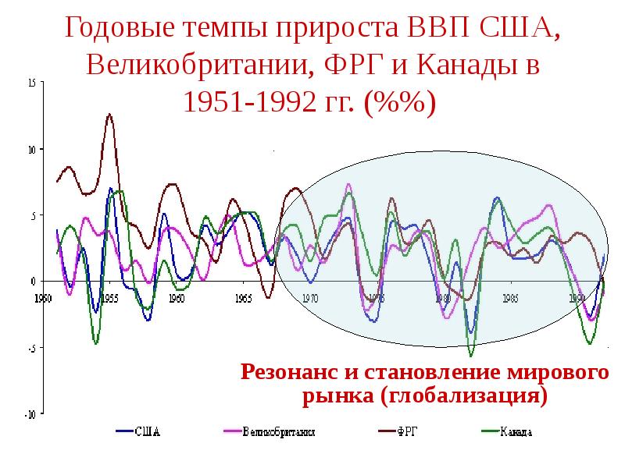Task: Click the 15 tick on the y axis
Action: (x=30, y=82)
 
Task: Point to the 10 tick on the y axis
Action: (x=30, y=149)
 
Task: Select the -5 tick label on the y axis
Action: (x=31, y=349)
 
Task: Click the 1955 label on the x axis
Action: (x=109, y=298)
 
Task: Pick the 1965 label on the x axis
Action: (x=243, y=298)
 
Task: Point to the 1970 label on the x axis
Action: (x=309, y=298)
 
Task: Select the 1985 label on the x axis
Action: (x=510, y=298)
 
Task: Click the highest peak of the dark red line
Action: (x=109, y=114)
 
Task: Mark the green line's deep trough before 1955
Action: (x=95, y=343)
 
